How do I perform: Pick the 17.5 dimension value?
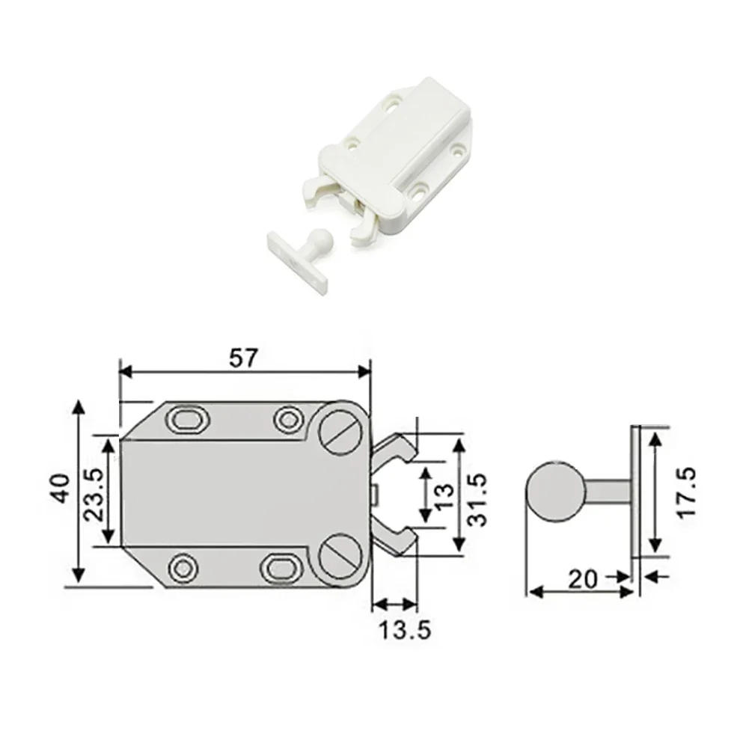[685, 492]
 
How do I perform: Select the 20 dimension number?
[583, 578]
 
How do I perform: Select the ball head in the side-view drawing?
[554, 492]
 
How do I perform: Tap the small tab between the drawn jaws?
[373, 493]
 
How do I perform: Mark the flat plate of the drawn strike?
[635, 492]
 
